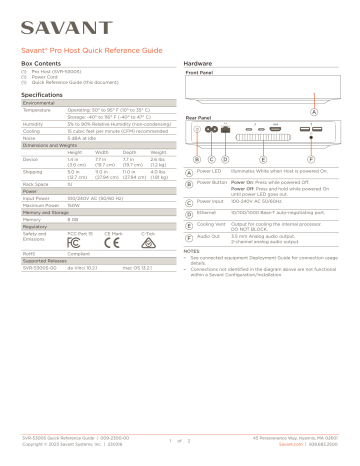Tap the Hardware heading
[x=204, y=62]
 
